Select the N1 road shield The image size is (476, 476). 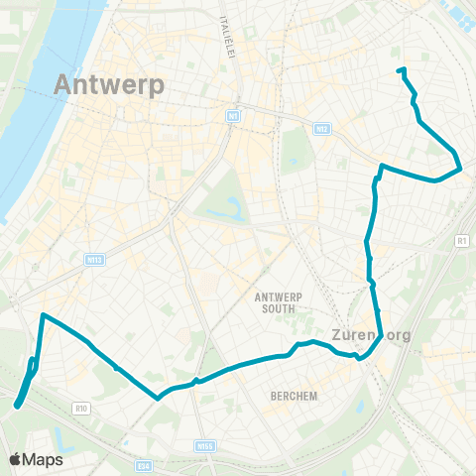tap(233, 116)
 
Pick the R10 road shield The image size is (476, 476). tap(82, 407)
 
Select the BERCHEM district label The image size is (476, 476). tap(294, 396)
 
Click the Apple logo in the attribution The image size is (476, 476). tap(17, 459)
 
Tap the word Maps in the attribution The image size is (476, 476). tap(44, 459)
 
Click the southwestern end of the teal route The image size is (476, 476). tap(18, 404)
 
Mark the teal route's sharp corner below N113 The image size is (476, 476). tap(43, 315)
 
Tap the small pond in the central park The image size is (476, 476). tap(235, 209)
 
